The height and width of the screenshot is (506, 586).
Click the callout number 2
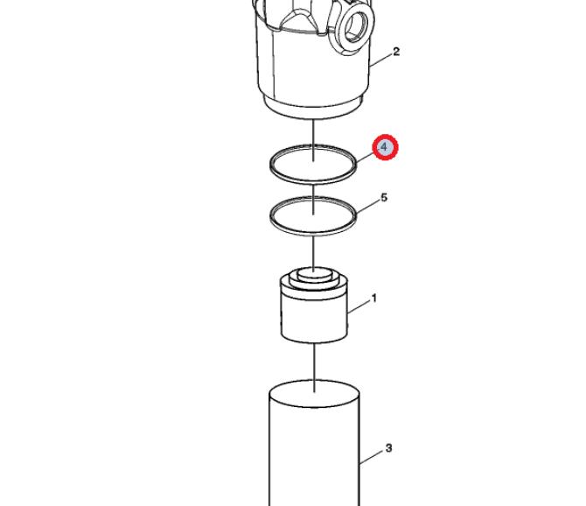(x=396, y=52)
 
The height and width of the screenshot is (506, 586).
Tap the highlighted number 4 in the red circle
(x=385, y=147)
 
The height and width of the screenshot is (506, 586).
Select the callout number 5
(x=384, y=197)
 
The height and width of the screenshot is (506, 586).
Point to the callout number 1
(x=373, y=299)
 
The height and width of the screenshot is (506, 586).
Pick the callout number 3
(x=388, y=447)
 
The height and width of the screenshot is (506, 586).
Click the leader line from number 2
(x=380, y=60)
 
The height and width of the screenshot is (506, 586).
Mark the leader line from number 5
(x=368, y=207)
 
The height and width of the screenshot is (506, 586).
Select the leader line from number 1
(x=359, y=306)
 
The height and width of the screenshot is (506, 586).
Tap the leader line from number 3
(x=372, y=457)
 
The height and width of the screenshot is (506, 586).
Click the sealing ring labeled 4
(x=271, y=164)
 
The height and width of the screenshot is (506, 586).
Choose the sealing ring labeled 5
(x=271, y=216)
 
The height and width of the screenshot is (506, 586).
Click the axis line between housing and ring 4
(x=313, y=140)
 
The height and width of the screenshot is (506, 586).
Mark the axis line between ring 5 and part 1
(x=314, y=252)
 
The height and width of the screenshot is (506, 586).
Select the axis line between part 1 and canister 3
(x=314, y=368)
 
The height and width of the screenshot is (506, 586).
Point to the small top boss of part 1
(x=314, y=273)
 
